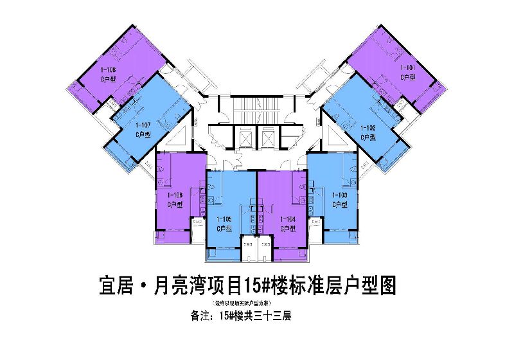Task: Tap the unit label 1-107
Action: point(143,125)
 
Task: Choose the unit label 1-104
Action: point(288,219)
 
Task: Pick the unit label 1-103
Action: point(340,194)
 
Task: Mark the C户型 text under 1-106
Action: point(175,204)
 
